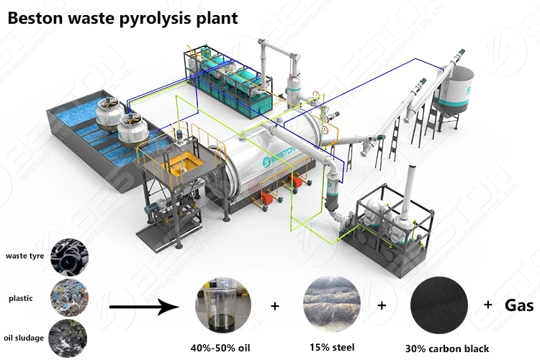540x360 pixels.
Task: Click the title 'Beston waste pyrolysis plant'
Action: coord(122,17)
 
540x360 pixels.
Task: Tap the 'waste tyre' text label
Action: coord(25,255)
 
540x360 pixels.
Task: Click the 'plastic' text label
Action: coord(22,297)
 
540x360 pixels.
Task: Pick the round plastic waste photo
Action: coord(69,297)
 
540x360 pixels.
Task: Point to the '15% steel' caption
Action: coord(332,348)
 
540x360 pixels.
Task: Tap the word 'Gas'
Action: coord(518,305)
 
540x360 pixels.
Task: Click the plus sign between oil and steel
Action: coord(274,306)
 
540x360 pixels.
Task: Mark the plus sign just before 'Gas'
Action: coord(488,305)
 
